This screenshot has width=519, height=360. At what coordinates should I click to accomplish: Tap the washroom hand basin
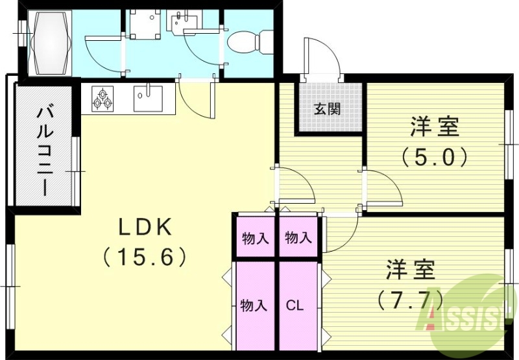point(182,23)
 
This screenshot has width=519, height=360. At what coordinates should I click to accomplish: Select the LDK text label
point(145,228)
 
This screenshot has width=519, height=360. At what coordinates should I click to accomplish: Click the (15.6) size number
point(145,258)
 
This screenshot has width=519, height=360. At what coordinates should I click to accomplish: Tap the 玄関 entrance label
point(328,109)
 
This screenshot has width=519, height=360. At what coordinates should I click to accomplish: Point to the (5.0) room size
point(434,157)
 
